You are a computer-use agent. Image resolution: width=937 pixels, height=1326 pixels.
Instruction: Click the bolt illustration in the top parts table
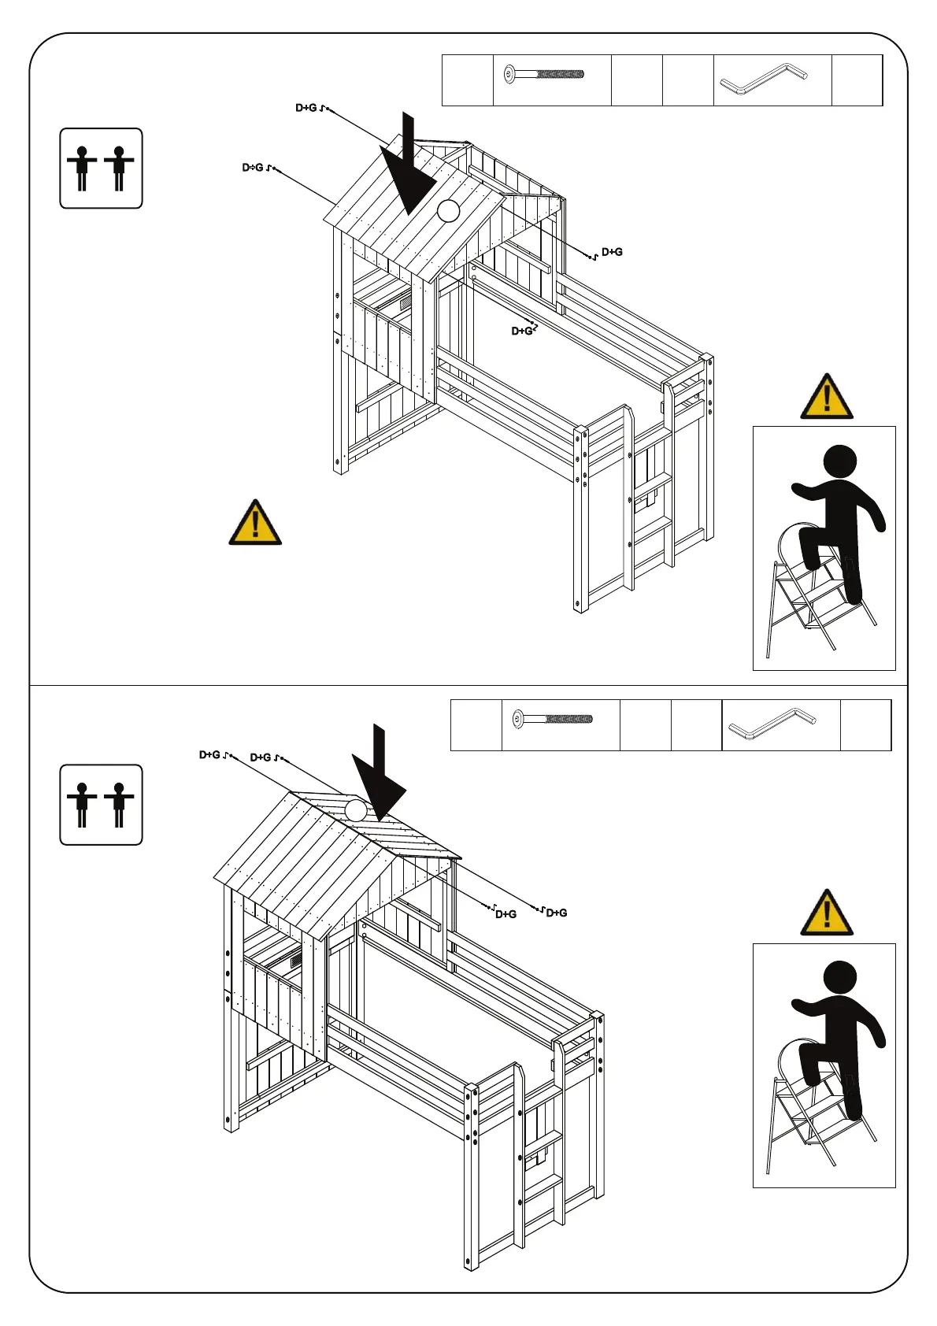[544, 75]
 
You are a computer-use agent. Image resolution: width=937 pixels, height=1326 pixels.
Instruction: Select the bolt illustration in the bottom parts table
[553, 719]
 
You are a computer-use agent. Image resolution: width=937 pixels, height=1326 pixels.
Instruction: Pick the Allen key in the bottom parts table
[772, 724]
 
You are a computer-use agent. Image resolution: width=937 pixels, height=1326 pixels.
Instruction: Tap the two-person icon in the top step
[101, 168]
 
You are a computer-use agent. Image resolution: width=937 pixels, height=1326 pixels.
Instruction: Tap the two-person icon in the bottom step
[101, 804]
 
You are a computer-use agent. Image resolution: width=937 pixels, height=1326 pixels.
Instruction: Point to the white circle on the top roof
[448, 210]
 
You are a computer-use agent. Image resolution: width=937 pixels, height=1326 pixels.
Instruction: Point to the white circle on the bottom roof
[356, 810]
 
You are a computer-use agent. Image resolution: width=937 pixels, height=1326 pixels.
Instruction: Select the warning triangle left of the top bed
[255, 523]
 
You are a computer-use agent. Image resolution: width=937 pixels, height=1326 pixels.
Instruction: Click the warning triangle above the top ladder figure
[826, 397]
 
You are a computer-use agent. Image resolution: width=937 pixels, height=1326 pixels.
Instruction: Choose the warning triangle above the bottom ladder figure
[826, 913]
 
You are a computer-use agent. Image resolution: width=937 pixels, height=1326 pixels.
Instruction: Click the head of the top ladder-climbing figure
[839, 461]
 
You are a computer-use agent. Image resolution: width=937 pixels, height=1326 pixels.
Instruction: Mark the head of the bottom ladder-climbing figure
[839, 978]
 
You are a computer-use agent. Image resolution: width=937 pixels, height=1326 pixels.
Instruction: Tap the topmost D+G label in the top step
[306, 108]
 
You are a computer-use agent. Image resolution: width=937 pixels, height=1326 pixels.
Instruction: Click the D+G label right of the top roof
[612, 252]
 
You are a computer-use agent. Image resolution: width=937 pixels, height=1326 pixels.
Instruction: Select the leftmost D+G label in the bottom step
[209, 755]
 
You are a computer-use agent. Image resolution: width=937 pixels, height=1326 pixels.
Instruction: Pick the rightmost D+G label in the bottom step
[557, 913]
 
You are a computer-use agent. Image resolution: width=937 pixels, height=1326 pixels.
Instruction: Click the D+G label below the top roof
[522, 331]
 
